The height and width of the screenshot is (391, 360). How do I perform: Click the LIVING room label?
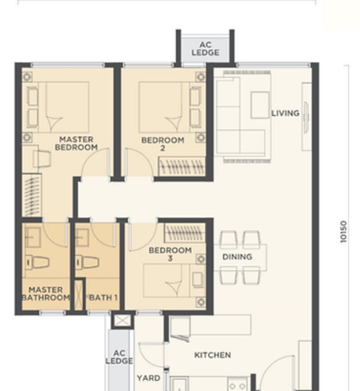coord(285,113)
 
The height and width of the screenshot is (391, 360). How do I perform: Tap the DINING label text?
coord(237,257)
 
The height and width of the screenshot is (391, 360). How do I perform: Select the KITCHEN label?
coord(212,355)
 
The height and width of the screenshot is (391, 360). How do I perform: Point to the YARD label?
coord(148,378)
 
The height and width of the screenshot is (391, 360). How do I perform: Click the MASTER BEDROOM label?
coord(76,143)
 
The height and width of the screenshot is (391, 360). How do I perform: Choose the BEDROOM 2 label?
coord(163,144)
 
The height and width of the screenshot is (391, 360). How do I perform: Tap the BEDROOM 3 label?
coord(170,254)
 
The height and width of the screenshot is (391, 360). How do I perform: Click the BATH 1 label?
coord(103,298)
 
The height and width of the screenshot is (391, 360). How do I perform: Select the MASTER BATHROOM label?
coord(46,294)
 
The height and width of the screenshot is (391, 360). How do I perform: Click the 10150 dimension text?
coord(344,231)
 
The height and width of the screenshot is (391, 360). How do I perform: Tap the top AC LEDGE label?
coord(205,49)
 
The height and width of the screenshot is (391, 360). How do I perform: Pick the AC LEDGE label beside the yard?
coord(119,357)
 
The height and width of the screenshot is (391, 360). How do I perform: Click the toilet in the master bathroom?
coord(38,262)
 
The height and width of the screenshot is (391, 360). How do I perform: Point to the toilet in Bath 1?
coord(87,262)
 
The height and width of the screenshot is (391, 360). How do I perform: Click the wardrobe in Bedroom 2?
coord(182,166)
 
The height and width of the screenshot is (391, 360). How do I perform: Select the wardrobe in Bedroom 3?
coord(185,233)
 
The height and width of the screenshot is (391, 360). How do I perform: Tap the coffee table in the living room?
coord(260,105)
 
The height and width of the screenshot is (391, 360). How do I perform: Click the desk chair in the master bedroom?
coord(42,158)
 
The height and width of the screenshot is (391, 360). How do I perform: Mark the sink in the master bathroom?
coord(32,237)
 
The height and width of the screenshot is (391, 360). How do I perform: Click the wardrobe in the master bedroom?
coord(32,196)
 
